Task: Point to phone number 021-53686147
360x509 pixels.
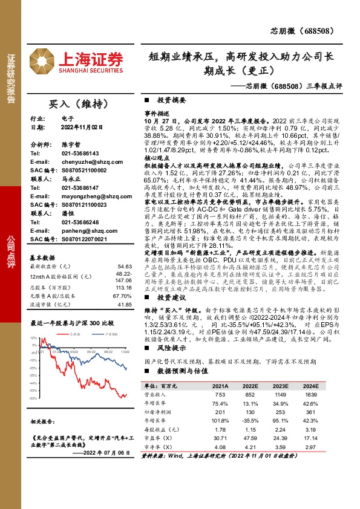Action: pyautogui.click(x=78, y=188)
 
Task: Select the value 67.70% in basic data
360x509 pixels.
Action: pyautogui.click(x=122, y=297)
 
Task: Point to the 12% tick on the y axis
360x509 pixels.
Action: pyautogui.click(x=34, y=339)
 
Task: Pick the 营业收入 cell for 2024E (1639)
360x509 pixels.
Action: pyautogui.click(x=312, y=395)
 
